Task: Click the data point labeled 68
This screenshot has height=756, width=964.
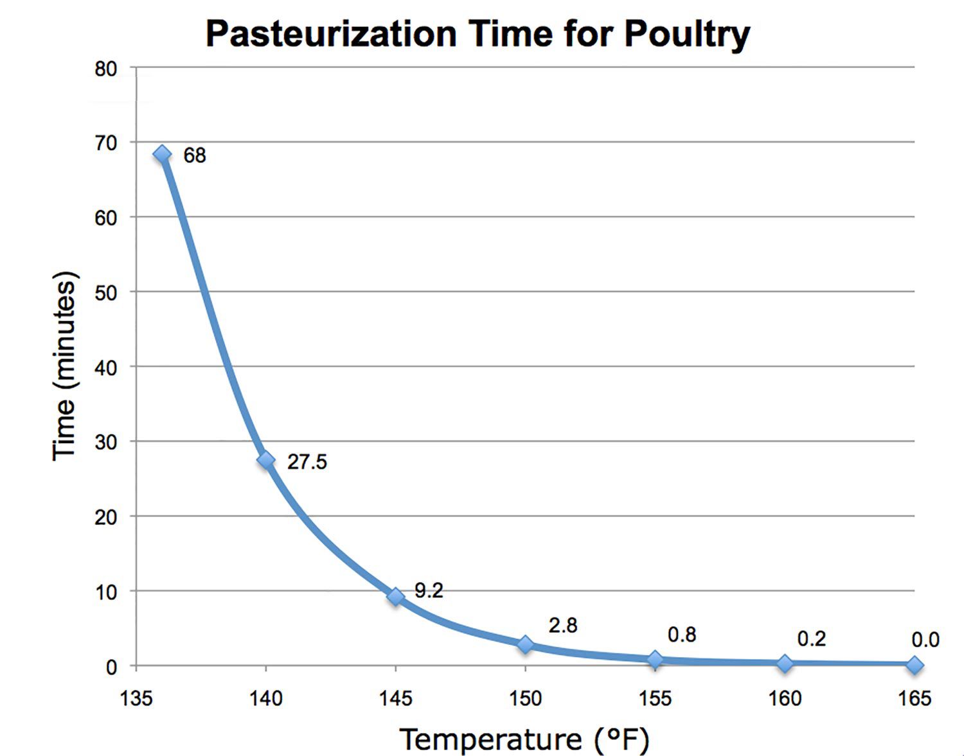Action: [162, 154]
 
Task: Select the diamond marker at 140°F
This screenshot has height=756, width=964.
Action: [266, 460]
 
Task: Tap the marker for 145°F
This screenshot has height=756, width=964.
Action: [396, 597]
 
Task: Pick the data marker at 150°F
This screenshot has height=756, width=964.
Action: [526, 644]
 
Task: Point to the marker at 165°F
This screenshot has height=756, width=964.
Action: [915, 665]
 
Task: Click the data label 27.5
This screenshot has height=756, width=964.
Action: [307, 462]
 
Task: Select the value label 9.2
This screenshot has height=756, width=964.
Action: [428, 590]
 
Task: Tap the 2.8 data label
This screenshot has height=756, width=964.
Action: [562, 625]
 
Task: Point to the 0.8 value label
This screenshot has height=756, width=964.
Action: [681, 635]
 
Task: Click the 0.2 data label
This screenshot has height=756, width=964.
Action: [811, 638]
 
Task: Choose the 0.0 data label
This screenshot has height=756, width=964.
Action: [925, 640]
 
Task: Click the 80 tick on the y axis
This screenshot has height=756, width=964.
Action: [106, 69]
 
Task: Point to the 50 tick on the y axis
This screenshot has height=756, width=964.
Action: [106, 293]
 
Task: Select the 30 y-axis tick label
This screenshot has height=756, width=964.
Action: [106, 443]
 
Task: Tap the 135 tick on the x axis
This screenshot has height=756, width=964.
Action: [136, 698]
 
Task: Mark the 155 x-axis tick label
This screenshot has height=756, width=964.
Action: [655, 698]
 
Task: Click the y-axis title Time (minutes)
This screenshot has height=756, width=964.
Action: [64, 366]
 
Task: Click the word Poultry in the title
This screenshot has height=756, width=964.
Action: [686, 33]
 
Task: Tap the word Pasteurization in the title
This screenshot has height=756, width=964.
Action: [331, 33]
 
